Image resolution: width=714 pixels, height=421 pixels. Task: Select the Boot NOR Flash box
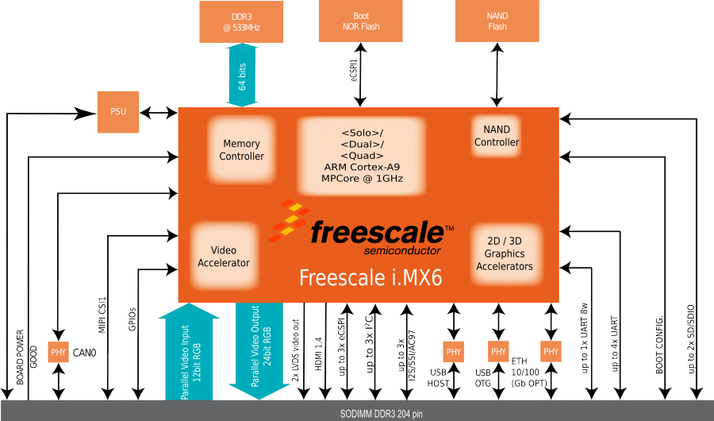pyautogui.click(x=360, y=21)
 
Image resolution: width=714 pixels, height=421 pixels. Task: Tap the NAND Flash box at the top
pyautogui.click(x=497, y=21)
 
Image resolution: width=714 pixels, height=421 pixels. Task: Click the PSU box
pyautogui.click(x=117, y=112)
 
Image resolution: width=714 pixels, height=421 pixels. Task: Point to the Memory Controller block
pyautogui.click(x=242, y=150)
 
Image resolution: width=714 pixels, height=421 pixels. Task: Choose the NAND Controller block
pyautogui.click(x=497, y=136)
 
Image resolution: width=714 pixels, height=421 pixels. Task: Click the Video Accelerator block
pyautogui.click(x=224, y=257)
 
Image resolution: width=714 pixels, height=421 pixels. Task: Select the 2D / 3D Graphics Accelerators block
pyautogui.click(x=504, y=254)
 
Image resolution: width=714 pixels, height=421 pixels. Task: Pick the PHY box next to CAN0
pyautogui.click(x=59, y=352)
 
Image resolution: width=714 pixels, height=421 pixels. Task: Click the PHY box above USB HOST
pyautogui.click(x=453, y=352)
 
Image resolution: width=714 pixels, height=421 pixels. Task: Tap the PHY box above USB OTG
pyautogui.click(x=497, y=352)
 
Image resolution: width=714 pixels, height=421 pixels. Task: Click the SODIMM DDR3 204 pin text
pyautogui.click(x=356, y=412)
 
